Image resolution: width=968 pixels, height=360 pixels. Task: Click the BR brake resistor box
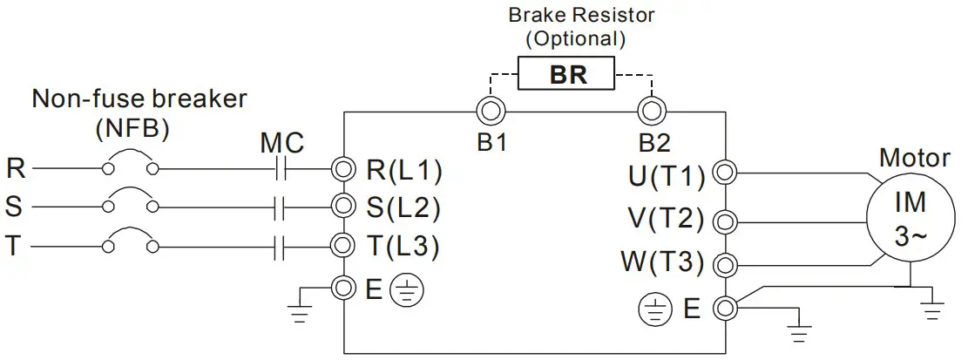click(x=567, y=74)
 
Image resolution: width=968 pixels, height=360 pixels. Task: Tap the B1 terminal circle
click(x=491, y=111)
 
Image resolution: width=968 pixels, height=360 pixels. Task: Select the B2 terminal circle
click(x=651, y=111)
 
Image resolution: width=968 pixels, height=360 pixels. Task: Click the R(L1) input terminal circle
click(x=344, y=168)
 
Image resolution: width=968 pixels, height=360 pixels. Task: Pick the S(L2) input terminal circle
click(x=344, y=207)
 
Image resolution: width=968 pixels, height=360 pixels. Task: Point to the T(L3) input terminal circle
click(x=344, y=246)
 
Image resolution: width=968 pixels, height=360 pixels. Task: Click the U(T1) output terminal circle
click(x=723, y=173)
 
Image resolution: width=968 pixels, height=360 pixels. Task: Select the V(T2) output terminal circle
click(x=723, y=218)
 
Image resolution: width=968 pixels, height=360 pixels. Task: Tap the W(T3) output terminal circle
click(x=723, y=263)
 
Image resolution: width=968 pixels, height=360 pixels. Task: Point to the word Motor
click(x=914, y=158)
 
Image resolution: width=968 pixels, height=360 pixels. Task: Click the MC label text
click(x=282, y=142)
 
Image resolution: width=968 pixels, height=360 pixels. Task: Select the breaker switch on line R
click(x=131, y=166)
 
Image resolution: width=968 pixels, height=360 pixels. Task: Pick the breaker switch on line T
click(x=131, y=243)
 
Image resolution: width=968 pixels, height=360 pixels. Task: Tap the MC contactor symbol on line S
click(x=280, y=207)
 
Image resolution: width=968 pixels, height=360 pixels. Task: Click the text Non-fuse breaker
click(x=139, y=98)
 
